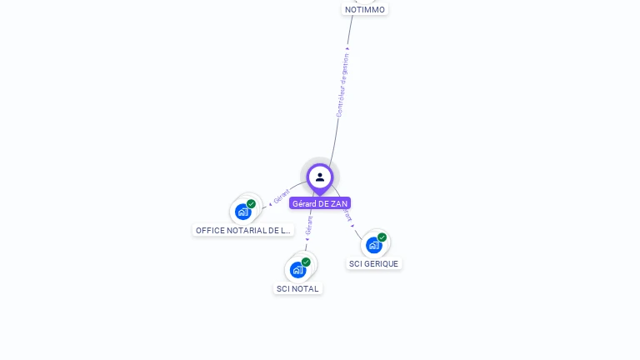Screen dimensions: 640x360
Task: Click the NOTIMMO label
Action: [365, 10]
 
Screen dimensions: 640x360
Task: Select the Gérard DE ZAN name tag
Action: [320, 203]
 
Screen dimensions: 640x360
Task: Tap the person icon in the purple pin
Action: [320, 177]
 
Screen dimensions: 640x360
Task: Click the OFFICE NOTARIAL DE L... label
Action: [242, 230]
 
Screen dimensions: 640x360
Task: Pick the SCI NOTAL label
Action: [297, 288]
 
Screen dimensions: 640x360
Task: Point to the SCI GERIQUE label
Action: [373, 263]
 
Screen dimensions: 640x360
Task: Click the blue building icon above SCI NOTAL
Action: [297, 270]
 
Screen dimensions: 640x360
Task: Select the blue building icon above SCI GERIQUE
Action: [372, 245]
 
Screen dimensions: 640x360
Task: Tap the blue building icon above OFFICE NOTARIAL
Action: [242, 212]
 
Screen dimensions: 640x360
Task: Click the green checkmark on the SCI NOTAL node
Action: [306, 262]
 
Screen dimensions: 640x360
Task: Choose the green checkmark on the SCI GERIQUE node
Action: [382, 237]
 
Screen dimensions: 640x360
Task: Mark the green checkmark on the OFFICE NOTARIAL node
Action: [251, 204]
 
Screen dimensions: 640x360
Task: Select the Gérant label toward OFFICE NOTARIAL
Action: [282, 197]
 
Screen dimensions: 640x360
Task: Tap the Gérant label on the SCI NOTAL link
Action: [309, 224]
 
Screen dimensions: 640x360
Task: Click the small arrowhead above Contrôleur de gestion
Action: [347, 47]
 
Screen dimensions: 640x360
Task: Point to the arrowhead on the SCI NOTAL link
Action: [307, 240]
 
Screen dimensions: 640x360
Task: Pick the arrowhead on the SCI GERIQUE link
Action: [352, 225]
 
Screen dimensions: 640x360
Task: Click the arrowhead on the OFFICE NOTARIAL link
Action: [270, 202]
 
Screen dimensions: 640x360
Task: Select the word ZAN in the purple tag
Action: [338, 203]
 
